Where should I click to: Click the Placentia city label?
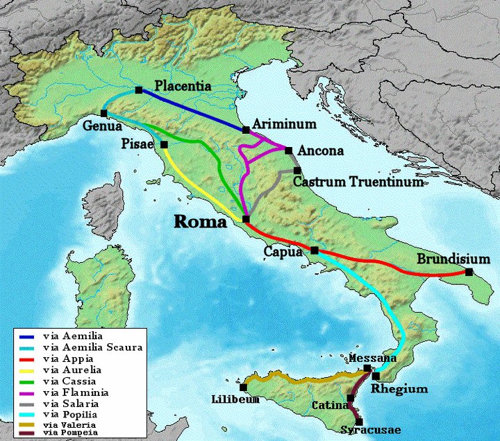click(184, 87)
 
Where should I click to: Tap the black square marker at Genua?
click(103, 113)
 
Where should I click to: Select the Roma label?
click(199, 223)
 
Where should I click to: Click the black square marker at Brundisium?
click(469, 273)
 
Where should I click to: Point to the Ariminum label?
click(285, 124)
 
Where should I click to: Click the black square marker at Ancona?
click(289, 150)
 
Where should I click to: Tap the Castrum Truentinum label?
click(358, 183)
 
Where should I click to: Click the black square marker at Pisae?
click(164, 145)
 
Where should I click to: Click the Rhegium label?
click(399, 389)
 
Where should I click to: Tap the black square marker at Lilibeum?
click(243, 387)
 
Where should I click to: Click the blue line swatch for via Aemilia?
click(27, 337)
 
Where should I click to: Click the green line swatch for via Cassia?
click(27, 381)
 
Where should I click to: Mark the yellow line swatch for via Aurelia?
click(27, 370)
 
